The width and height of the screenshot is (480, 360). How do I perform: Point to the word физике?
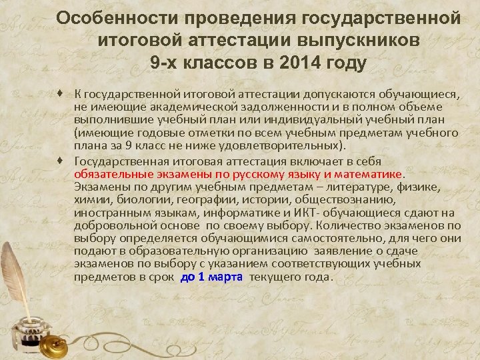pos(420,187)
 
